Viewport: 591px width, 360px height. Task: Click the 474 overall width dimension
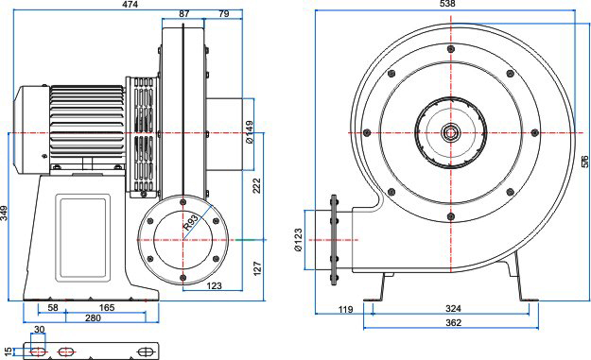(130, 5)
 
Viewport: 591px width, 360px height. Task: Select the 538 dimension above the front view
(447, 4)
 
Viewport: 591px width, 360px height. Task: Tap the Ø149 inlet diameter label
(249, 132)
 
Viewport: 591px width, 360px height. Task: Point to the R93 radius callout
(191, 223)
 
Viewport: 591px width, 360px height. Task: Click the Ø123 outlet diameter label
(298, 240)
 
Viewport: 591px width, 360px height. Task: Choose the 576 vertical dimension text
(584, 162)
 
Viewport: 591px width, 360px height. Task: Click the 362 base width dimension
(453, 323)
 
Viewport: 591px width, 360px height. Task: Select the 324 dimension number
(453, 309)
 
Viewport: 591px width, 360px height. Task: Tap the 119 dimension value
(346, 310)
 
